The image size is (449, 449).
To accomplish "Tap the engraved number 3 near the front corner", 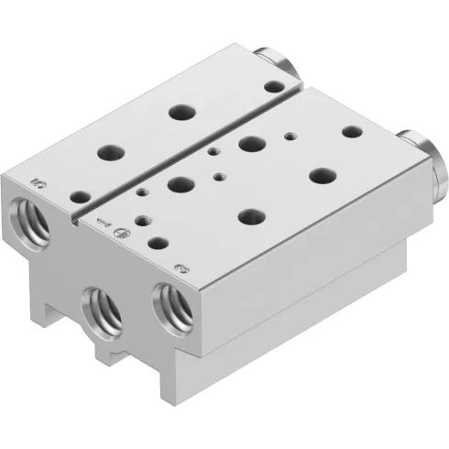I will (x=181, y=269).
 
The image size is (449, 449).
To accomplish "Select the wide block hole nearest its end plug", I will (x=350, y=132).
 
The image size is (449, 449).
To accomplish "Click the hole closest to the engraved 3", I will (x=158, y=245).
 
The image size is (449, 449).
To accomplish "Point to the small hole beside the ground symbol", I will (x=142, y=220).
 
